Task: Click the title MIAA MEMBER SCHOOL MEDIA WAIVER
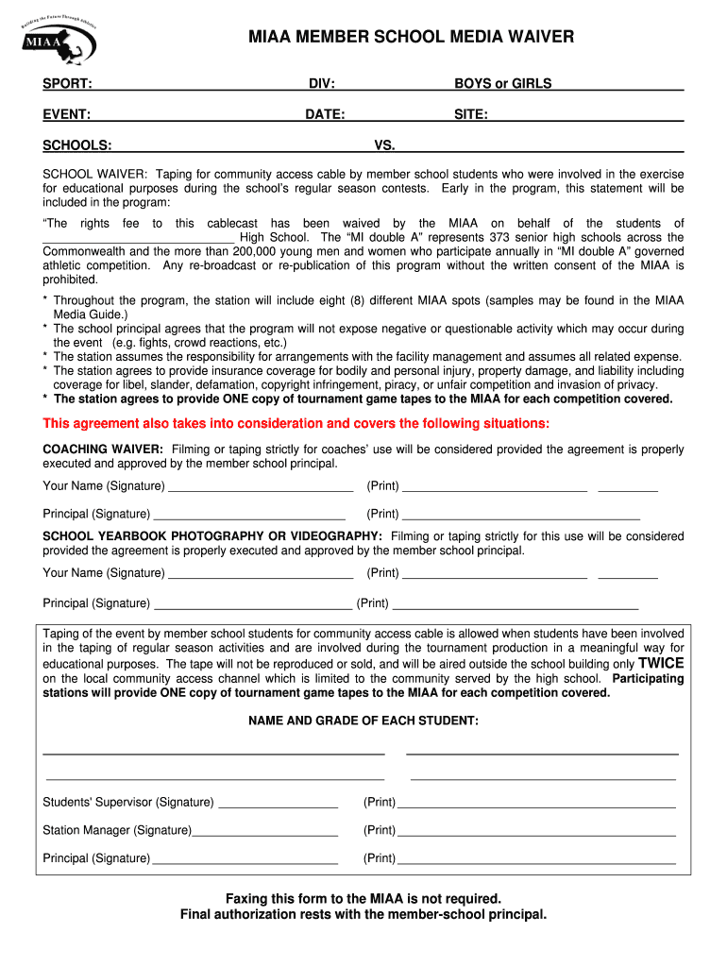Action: tap(411, 37)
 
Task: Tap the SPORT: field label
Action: tap(67, 84)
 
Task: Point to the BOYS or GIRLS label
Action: tap(502, 84)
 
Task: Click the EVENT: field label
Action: tap(67, 114)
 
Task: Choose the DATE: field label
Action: tap(324, 114)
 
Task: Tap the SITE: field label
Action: tap(470, 114)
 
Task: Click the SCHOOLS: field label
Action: tap(76, 145)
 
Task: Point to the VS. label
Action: tap(385, 145)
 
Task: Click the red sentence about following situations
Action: tap(296, 422)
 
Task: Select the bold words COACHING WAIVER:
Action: tap(103, 450)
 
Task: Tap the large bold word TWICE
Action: tap(661, 663)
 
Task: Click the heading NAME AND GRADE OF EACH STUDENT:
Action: tap(363, 721)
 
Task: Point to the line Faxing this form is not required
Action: tap(363, 898)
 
